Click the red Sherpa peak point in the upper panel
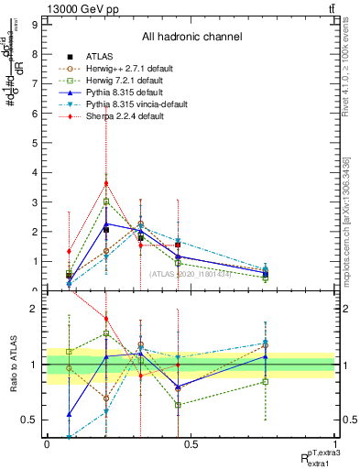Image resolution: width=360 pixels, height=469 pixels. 106,183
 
